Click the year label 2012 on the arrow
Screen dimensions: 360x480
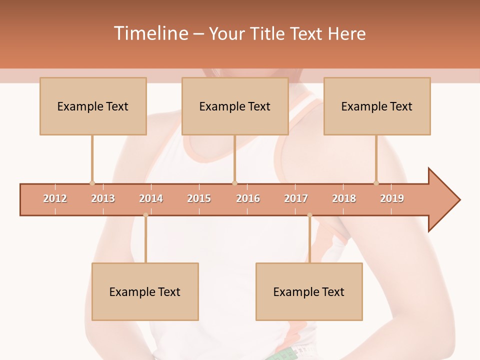[55, 198]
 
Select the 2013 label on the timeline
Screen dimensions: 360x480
[103, 198]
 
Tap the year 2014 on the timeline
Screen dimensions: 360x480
[151, 198]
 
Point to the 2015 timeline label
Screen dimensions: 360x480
[199, 198]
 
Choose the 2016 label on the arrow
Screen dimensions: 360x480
[248, 198]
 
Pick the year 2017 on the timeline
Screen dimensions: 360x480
[296, 198]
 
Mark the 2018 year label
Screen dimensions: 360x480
[344, 198]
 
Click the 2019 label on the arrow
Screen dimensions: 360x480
[392, 198]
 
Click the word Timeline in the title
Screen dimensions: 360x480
[150, 33]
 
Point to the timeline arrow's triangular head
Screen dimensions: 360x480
[443, 200]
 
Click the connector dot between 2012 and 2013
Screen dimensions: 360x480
[92, 183]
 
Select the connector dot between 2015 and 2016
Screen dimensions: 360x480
[234, 183]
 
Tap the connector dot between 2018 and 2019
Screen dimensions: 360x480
[376, 183]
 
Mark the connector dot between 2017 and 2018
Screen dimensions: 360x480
[309, 215]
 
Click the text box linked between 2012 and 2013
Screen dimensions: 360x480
[93, 106]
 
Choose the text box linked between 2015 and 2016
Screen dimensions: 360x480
[235, 106]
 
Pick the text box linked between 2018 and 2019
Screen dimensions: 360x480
[377, 106]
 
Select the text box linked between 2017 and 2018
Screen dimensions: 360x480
[309, 291]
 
